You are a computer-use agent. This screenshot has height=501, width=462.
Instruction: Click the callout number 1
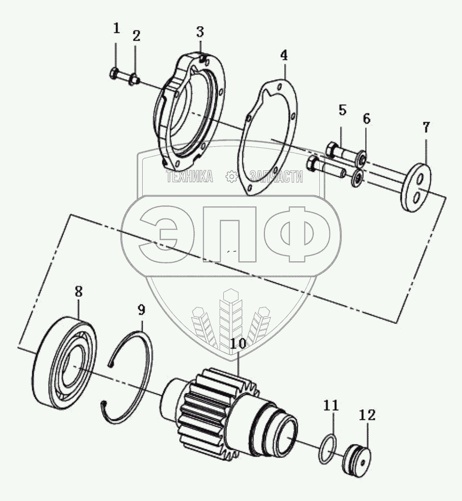pos(117,28)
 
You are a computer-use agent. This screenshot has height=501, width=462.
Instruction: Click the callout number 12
pos(368,415)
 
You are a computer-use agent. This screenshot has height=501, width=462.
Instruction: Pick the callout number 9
pos(141,310)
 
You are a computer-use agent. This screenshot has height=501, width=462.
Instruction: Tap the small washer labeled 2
pos(134,79)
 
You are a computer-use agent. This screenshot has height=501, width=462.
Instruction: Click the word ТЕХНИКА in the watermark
pos(189,176)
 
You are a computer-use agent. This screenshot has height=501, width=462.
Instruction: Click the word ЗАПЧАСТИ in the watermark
pos(276,177)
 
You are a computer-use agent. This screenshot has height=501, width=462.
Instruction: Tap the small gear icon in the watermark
pos(232,177)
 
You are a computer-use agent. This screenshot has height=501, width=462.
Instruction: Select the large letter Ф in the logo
pos(297,234)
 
